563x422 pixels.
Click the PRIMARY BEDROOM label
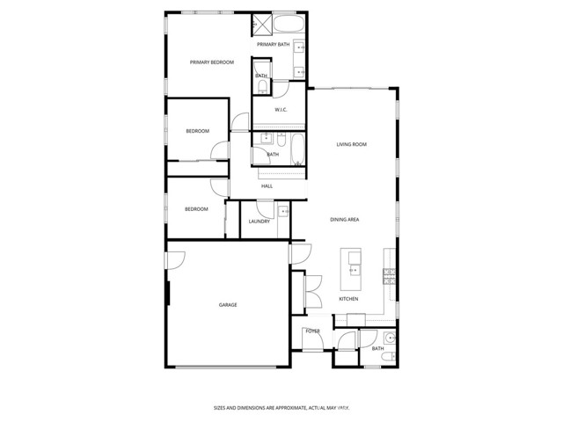[211, 62]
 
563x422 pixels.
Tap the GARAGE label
[228, 305]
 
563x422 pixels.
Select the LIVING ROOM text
[351, 144]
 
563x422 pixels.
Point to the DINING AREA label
[344, 219]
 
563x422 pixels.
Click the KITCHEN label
[349, 300]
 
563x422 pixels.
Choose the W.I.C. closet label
[281, 110]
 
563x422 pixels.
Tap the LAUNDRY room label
[259, 222]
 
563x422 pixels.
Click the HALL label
[267, 186]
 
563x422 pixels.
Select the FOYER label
[311, 331]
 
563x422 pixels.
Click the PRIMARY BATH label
[273, 44]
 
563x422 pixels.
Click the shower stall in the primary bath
[261, 24]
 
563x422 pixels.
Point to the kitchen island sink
[353, 259]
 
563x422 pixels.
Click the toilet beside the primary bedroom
[260, 86]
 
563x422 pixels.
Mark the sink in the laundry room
[283, 212]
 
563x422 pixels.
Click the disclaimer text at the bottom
[281, 408]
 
